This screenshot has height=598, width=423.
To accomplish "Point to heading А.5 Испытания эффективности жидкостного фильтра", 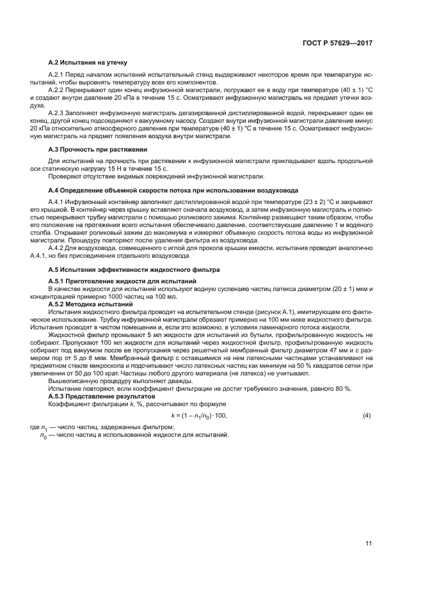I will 134,271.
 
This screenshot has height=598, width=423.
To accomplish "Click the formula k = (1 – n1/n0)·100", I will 199,416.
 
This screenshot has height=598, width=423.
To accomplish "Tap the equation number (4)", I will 367,416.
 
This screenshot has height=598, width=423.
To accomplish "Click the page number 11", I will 369,544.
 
